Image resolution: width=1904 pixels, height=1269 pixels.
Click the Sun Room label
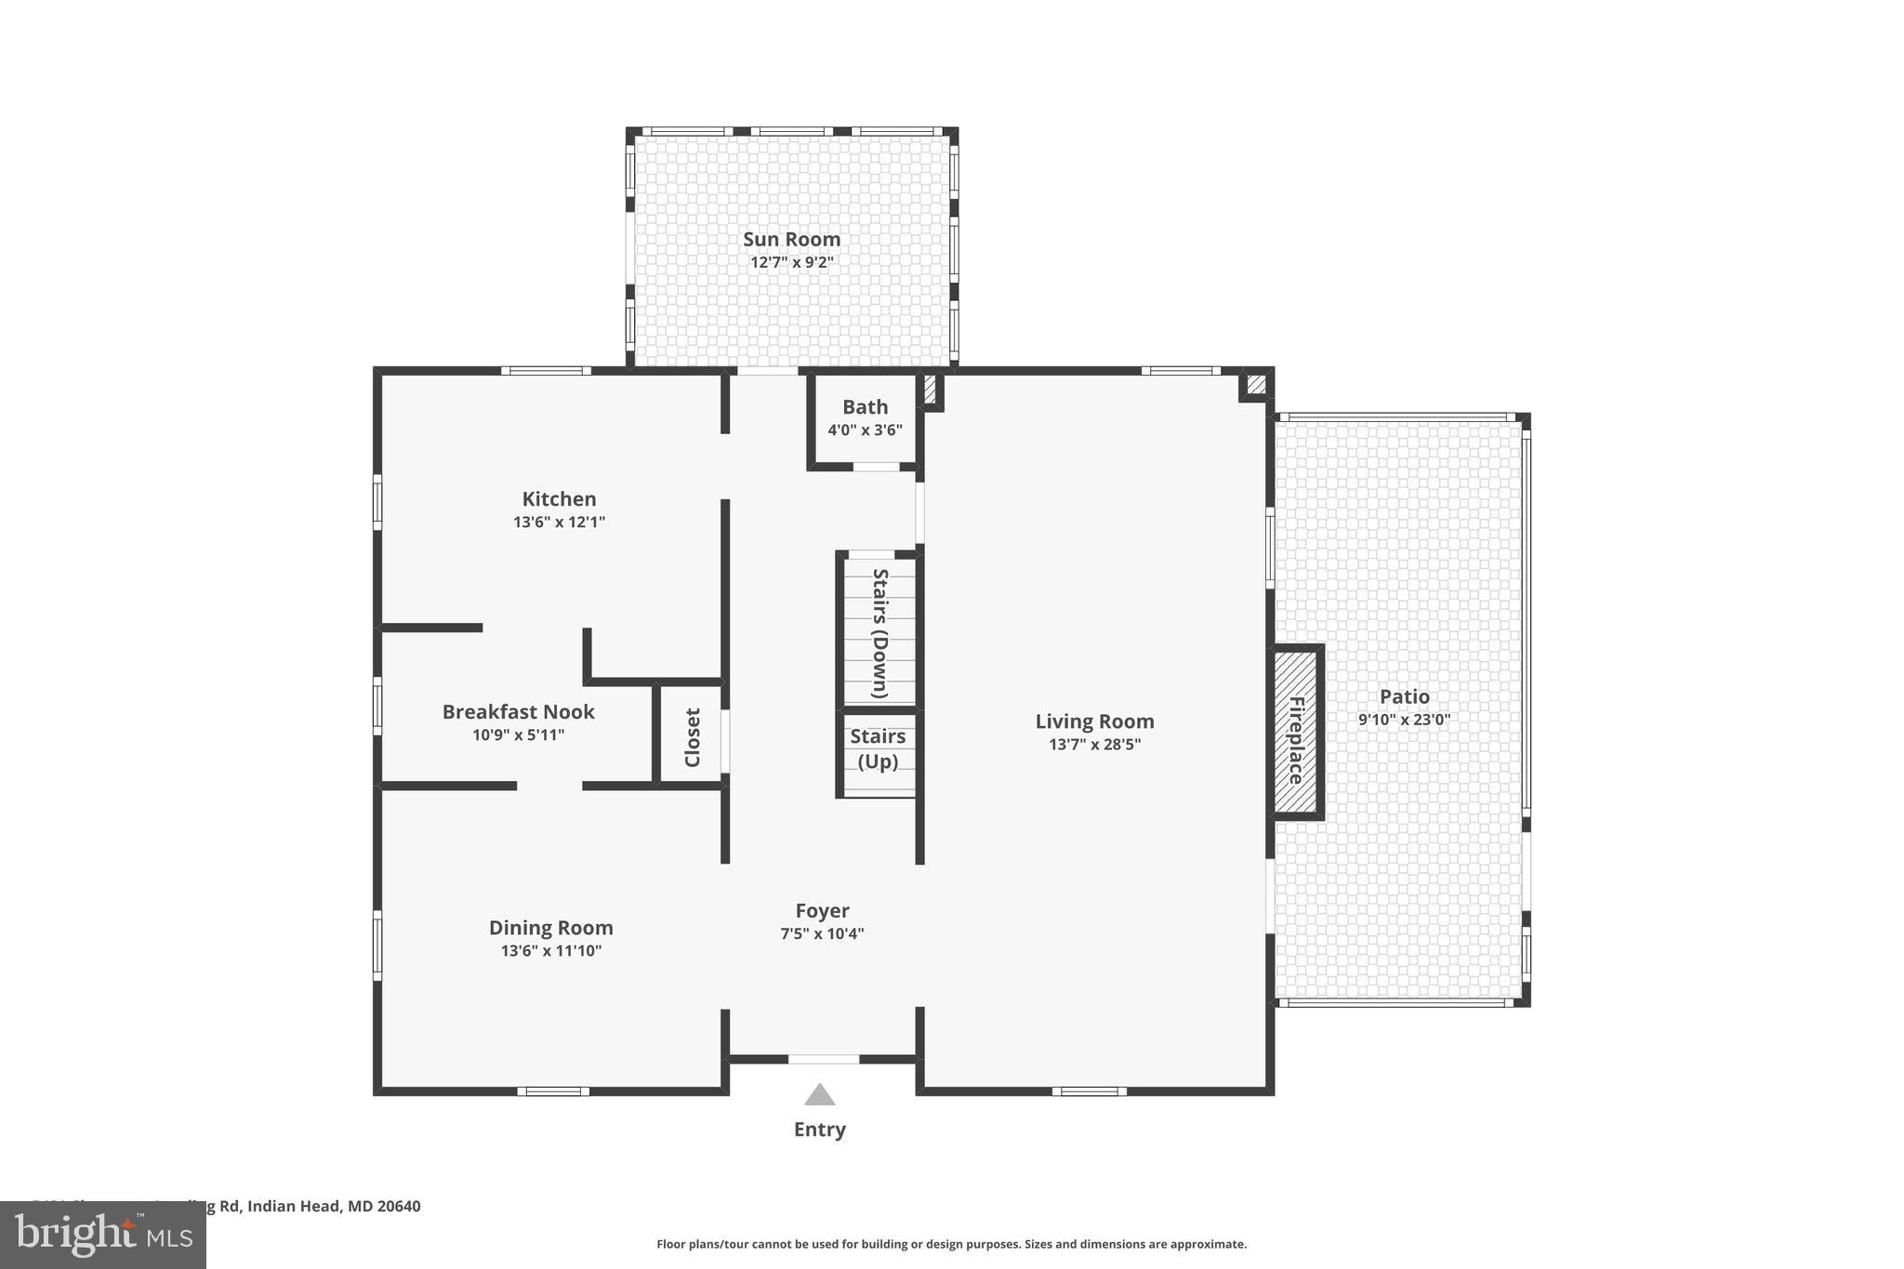[791, 239]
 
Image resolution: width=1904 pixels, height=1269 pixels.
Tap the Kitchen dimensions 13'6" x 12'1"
[559, 522]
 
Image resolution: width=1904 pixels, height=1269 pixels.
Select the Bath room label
[865, 407]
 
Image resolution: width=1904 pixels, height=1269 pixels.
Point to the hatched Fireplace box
[1296, 732]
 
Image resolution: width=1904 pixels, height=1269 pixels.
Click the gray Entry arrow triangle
[819, 1094]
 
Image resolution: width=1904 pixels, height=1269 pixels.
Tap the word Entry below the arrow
[819, 1130]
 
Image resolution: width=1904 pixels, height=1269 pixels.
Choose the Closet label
[692, 737]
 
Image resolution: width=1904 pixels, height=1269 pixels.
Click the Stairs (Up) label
[877, 748]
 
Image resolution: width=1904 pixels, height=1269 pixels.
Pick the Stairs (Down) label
[879, 632]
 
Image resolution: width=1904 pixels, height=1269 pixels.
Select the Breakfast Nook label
[518, 712]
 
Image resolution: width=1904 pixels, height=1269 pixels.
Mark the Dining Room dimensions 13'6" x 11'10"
[551, 951]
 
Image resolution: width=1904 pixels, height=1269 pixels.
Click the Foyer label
[822, 911]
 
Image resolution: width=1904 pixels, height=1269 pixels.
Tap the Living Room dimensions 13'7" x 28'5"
[1094, 745]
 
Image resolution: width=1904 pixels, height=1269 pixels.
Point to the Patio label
[1404, 696]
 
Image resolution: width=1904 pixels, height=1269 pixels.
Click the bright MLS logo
[103, 1235]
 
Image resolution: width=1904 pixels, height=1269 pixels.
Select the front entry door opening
[824, 1059]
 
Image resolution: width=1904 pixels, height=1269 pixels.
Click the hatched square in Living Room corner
[1256, 384]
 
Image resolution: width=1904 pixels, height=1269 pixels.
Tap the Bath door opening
[875, 466]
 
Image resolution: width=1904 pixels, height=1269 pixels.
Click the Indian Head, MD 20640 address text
[334, 1207]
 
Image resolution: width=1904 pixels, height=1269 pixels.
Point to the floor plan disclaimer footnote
[951, 1244]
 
